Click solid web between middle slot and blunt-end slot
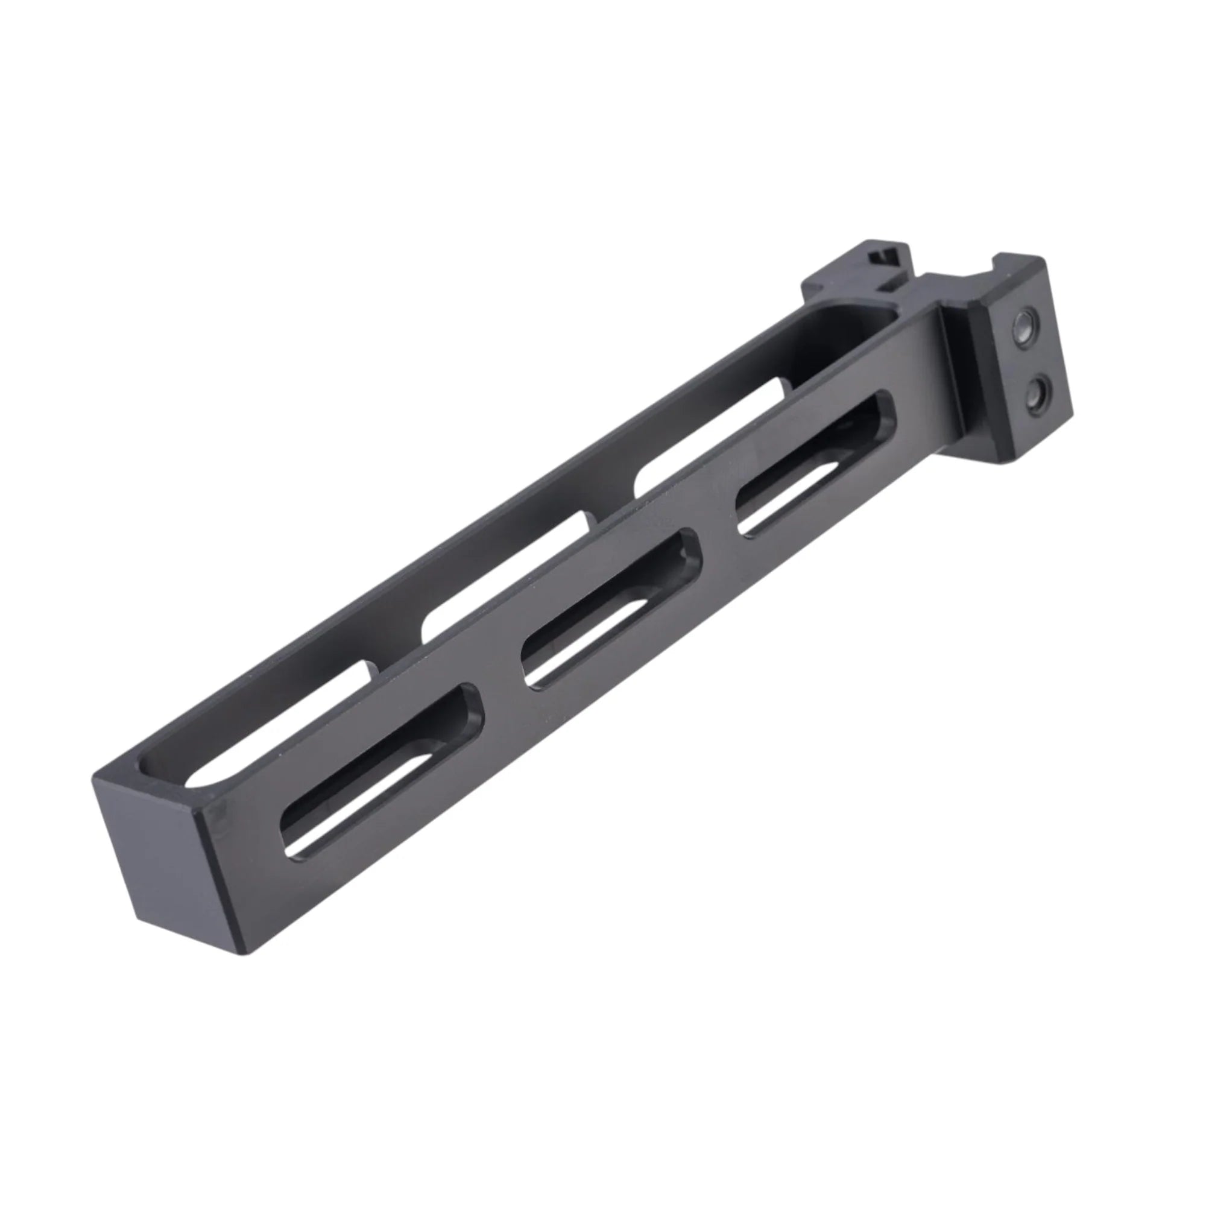pyautogui.click(x=499, y=693)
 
